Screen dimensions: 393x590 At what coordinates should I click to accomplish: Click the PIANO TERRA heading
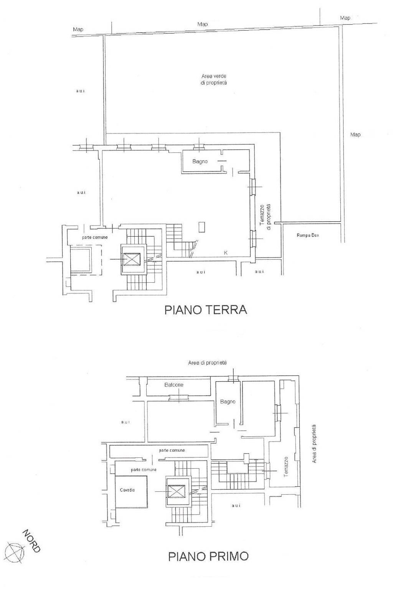pos(206,310)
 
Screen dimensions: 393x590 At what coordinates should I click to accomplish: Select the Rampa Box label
pos(308,235)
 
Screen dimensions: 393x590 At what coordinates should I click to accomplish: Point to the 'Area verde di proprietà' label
pos(214,79)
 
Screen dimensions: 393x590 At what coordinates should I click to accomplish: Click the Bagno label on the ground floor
pos(200,161)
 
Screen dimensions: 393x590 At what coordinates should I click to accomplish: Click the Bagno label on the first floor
pos(228,402)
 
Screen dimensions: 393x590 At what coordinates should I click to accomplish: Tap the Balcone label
pos(174,384)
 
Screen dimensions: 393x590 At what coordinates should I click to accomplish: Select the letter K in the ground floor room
pos(225,253)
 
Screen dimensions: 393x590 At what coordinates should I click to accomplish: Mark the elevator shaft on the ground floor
pos(133,259)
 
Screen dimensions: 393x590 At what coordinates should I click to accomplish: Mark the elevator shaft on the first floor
pos(178,492)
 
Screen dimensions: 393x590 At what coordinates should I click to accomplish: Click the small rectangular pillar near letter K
pos(202,227)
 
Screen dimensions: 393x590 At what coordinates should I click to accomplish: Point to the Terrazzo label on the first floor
pos(286,467)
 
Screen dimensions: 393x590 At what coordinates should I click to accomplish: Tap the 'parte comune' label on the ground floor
pos(95,237)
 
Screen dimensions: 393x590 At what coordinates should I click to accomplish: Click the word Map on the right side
pos(355,135)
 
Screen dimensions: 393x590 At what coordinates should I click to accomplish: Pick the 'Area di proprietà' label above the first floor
pos(207,363)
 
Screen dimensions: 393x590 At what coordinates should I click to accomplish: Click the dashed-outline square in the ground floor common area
pos(86,260)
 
